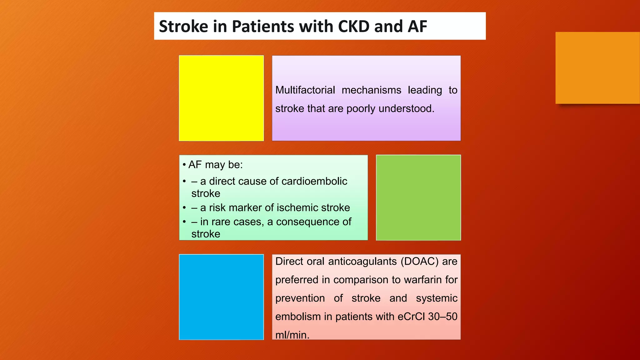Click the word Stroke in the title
coord(183,26)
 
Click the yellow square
coord(221,98)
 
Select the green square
coord(418,197)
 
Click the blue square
coord(221,297)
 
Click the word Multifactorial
coord(305,90)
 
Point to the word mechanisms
coord(371,90)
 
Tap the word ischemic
coord(293,208)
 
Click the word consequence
coord(309,222)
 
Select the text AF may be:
coord(215,165)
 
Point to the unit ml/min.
coord(292,335)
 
